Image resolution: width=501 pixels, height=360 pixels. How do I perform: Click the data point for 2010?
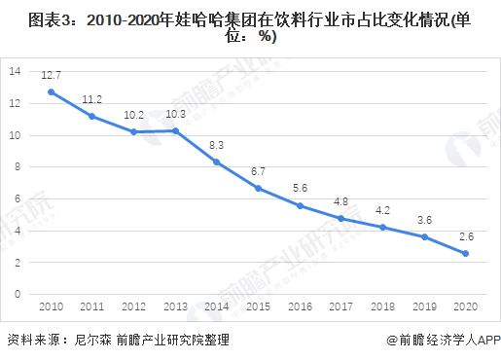pyautogui.click(x=51, y=92)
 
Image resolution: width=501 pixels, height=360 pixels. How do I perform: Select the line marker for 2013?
pyautogui.click(x=174, y=130)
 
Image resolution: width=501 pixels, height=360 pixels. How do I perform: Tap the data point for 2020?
pyautogui.click(x=466, y=253)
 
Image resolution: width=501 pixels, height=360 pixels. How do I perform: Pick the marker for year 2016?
pyautogui.click(x=300, y=205)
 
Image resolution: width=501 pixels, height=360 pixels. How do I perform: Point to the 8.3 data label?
pyautogui.click(x=216, y=144)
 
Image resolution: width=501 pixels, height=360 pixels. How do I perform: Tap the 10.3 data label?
pyautogui.click(x=175, y=113)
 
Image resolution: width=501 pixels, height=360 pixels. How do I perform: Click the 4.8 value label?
pyautogui.click(x=341, y=201)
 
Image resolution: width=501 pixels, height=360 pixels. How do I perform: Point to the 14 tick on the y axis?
pyautogui.click(x=14, y=72)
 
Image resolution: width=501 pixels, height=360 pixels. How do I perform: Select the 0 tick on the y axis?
pyautogui.click(x=17, y=294)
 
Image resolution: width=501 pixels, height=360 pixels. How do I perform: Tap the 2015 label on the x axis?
pyautogui.click(x=258, y=307)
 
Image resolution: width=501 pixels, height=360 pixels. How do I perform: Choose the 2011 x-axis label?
pyautogui.click(x=91, y=307)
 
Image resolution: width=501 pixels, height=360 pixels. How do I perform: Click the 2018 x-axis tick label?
pyautogui.click(x=382, y=307)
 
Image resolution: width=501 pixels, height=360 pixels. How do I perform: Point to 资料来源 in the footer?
pyautogui.click(x=29, y=341)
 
